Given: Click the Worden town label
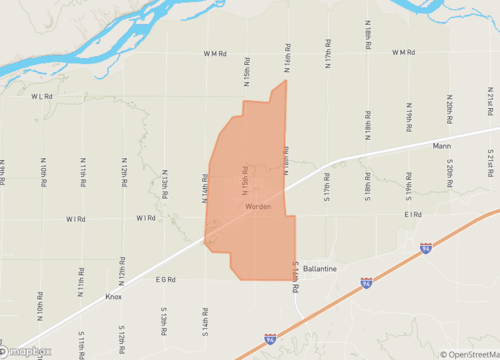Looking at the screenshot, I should click(x=257, y=207).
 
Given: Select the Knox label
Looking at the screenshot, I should click(x=115, y=297).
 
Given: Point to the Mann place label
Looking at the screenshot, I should click(x=442, y=146).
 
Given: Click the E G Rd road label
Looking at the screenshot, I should click(x=165, y=280).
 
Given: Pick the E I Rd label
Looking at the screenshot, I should click(x=413, y=215).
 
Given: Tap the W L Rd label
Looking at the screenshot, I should click(x=41, y=97).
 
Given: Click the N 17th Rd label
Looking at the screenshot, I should click(x=327, y=52).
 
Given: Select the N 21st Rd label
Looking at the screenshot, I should click(x=491, y=98).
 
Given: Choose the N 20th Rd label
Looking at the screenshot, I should click(x=450, y=107).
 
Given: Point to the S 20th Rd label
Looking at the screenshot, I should click(x=450, y=170).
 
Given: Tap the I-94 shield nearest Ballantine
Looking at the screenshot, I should click(x=366, y=283).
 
